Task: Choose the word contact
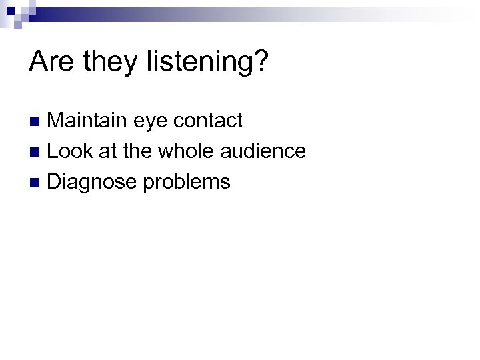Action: pyautogui.click(x=209, y=121)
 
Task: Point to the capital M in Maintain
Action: pyautogui.click(x=56, y=121)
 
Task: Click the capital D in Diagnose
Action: pyautogui.click(x=55, y=181)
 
